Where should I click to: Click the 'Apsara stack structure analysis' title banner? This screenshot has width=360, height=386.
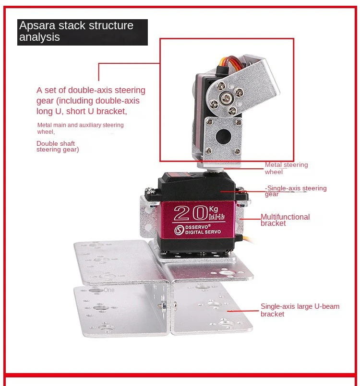[82, 32]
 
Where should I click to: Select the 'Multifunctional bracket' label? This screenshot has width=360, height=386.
[285, 220]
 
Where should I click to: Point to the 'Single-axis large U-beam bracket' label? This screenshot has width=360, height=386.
[300, 310]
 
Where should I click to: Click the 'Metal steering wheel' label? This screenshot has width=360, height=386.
[286, 168]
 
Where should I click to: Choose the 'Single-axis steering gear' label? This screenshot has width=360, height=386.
[296, 191]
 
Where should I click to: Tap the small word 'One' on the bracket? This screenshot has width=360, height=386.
[109, 290]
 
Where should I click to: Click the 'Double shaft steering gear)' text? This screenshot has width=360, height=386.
[58, 146]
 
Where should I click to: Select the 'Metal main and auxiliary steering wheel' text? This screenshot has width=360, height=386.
[80, 128]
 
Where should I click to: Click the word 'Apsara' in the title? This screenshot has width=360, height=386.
[35, 26]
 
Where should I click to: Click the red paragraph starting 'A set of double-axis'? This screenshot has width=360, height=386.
[91, 100]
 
